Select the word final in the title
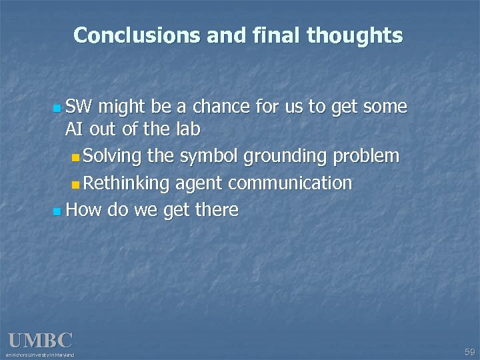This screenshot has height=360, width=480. pos(275,35)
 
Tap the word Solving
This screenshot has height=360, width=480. pos(113,157)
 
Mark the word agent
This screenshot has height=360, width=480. pos(197,183)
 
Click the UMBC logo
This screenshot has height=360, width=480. pos(39,341)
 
